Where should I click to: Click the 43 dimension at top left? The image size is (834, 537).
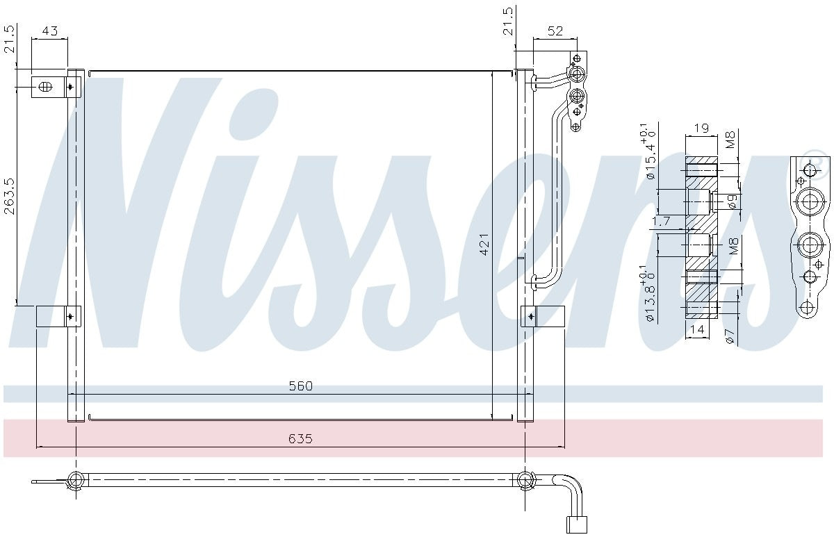click(50, 31)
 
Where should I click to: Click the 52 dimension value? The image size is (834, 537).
click(555, 31)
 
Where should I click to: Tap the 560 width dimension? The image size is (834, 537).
click(301, 386)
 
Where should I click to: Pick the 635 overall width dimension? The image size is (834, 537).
click(301, 438)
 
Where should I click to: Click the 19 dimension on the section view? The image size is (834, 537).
click(701, 128)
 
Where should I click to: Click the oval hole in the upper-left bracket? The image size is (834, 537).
click(45, 87)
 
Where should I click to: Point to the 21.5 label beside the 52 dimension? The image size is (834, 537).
click(508, 21)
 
